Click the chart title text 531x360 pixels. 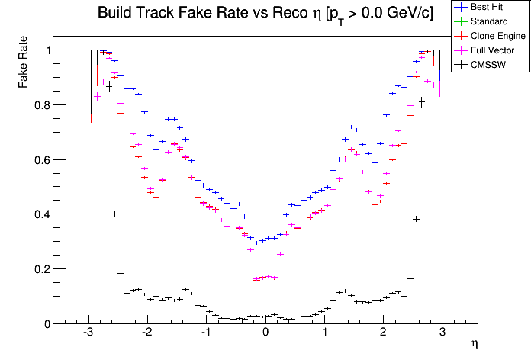pos(265,14)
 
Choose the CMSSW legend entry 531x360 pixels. pos(488,65)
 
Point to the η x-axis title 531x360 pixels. pos(475,345)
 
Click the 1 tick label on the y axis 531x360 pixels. pos(47,50)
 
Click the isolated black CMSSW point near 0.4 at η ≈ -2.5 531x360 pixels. pos(114,214)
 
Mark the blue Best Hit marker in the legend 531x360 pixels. pos(462,8)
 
